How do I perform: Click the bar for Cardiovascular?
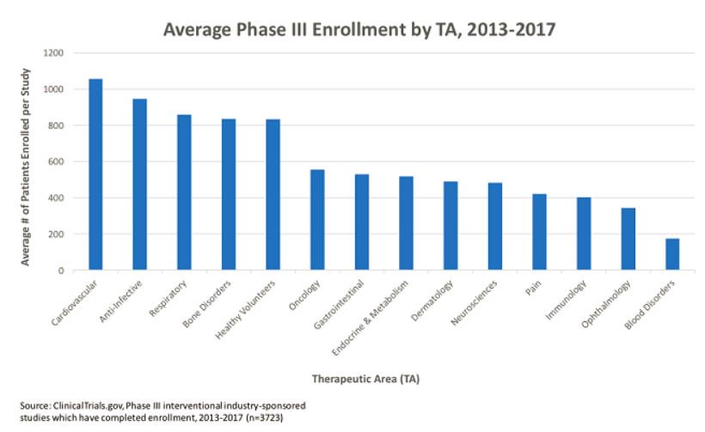95,175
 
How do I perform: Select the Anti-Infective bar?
139,185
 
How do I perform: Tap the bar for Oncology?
317,220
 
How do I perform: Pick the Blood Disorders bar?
672,254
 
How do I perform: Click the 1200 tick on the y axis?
53,53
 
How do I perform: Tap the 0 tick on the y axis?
61,271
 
